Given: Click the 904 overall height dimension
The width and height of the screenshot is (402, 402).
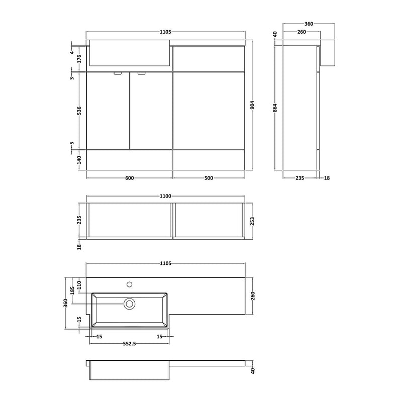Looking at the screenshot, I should [x=253, y=105].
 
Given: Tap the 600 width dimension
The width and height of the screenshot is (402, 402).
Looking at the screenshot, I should [x=129, y=178].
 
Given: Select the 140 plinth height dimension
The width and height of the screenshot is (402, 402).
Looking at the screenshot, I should [x=72, y=160].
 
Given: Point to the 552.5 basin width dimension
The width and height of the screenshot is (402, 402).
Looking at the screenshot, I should [x=130, y=344].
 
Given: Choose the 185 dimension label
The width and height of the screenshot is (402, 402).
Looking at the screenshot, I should [x=72, y=290].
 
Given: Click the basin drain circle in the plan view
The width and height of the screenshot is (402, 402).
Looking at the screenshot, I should [x=130, y=303].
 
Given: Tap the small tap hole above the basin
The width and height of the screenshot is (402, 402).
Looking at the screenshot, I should [x=130, y=284].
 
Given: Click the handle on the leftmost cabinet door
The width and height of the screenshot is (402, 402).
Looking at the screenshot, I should [x=118, y=73].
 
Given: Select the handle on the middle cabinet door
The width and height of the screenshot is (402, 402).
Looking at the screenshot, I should [x=141, y=73].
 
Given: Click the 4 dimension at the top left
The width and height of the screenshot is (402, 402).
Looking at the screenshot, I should [x=72, y=52].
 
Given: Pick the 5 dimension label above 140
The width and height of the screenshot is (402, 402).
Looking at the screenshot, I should [x=72, y=145].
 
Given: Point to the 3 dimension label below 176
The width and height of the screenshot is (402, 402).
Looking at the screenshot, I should [x=72, y=77].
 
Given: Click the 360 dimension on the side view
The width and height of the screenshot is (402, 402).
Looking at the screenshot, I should [x=308, y=24].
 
